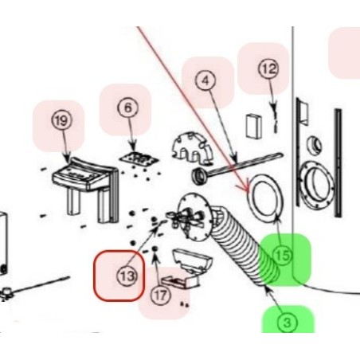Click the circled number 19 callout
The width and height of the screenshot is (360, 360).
click(61, 121)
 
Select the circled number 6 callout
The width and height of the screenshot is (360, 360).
click(128, 108)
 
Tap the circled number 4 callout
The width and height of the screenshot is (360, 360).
click(205, 80)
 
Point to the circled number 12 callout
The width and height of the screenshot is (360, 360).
click(268, 68)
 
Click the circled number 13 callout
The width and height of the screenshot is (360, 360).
click(127, 276)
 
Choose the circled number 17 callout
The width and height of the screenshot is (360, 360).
click(161, 295)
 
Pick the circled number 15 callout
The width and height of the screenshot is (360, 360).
click(283, 255)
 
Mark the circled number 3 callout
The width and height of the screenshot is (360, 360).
click(288, 323)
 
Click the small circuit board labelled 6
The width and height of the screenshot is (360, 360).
click(139, 158)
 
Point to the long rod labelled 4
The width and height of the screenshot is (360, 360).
click(237, 167)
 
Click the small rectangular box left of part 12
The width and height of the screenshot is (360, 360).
click(254, 126)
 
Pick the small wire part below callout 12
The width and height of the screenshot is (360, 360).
click(275, 117)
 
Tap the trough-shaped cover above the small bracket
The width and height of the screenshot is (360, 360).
click(192, 260)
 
